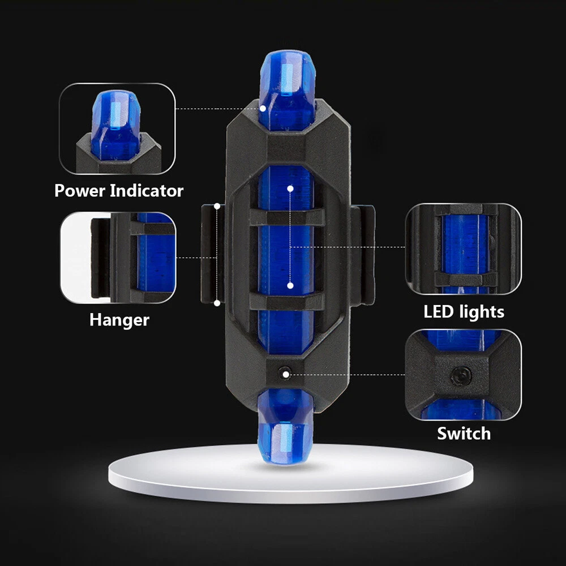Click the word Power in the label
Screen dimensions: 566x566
pos(80,190)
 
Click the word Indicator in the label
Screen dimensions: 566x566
pos(147,190)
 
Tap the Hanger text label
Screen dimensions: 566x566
pos(119,320)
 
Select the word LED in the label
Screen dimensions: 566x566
pos(438,311)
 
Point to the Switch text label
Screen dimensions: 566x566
pos(464,434)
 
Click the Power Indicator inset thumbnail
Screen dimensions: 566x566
pos(117,128)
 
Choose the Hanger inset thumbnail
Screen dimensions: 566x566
pos(118,258)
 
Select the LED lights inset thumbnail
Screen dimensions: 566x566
pos(464,248)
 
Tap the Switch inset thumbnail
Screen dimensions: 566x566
pos(464,375)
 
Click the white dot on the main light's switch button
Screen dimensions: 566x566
pos(286,375)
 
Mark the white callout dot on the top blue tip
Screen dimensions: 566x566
pos(263,108)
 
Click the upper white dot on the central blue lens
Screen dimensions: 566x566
pos(290,188)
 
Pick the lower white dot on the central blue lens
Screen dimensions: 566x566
pos(290,285)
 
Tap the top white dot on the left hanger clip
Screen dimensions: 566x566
pos(217,206)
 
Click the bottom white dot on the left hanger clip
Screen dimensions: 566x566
pos(217,303)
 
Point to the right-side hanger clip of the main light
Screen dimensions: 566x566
pos(362,255)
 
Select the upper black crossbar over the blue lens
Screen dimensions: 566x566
pos(287,217)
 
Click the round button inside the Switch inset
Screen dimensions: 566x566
pos(461,376)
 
